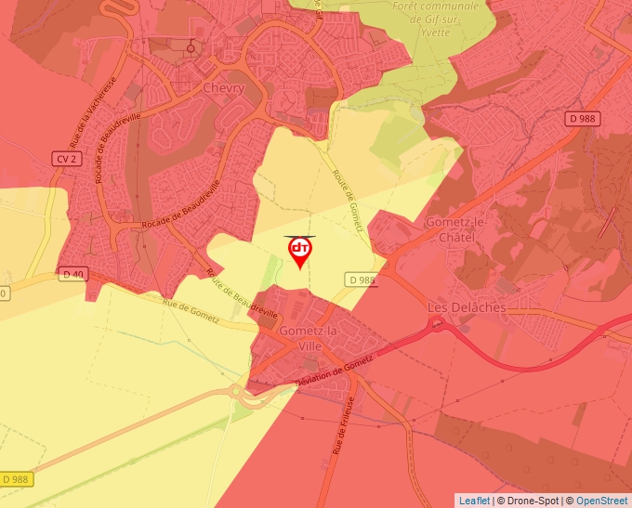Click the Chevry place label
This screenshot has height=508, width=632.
pyautogui.click(x=222, y=88)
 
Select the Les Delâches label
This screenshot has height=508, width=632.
pyautogui.click(x=466, y=307)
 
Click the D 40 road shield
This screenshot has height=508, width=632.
pyautogui.click(x=72, y=274)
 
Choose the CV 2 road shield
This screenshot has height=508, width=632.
pyautogui.click(x=64, y=160)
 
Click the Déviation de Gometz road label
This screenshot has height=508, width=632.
pyautogui.click(x=333, y=371)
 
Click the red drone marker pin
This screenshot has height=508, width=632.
pyautogui.click(x=300, y=251)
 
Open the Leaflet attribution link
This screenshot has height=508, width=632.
pyautogui.click(x=474, y=501)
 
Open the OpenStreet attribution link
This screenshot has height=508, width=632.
pyautogui.click(x=602, y=501)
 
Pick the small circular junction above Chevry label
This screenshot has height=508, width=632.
pyautogui.click(x=192, y=47)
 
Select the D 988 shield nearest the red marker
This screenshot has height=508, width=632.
pyautogui.click(x=362, y=280)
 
